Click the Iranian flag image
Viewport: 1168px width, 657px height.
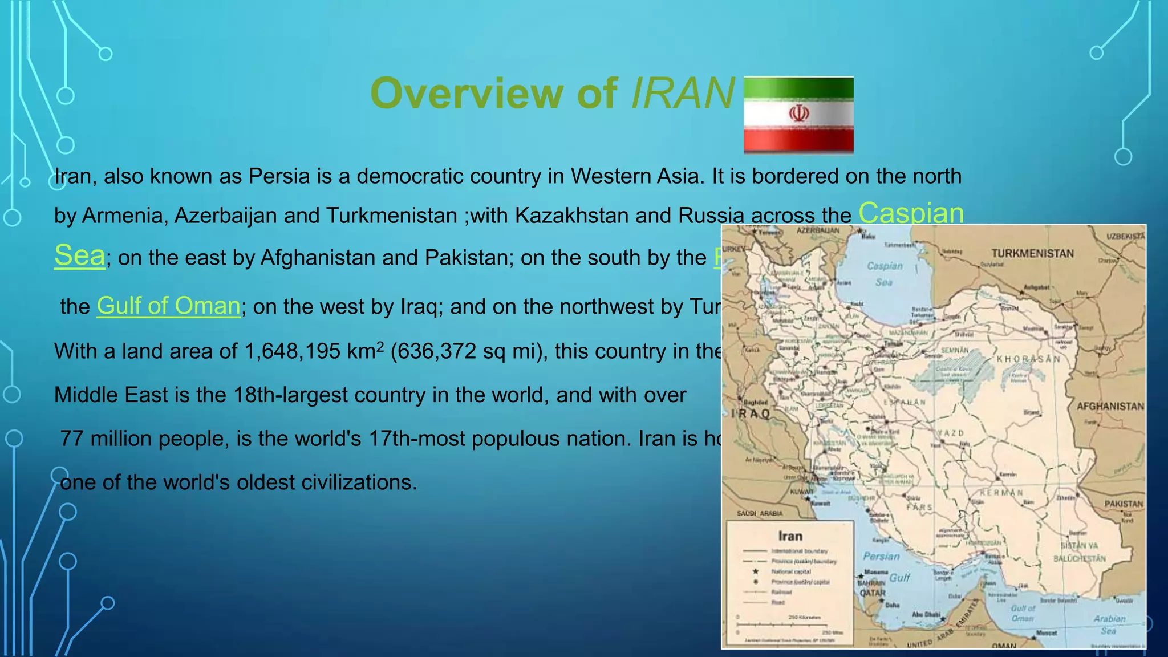[798, 115]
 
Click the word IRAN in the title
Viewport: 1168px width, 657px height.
[683, 93]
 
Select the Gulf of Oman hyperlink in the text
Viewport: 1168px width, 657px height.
[168, 306]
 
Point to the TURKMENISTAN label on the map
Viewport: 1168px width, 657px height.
[1032, 253]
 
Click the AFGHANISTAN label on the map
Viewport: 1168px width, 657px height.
[1110, 406]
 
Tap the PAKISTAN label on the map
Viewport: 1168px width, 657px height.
[1124, 504]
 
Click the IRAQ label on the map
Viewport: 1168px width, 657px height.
[751, 413]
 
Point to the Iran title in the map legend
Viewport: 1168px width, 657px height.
[790, 536]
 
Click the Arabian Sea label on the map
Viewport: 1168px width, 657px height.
[1109, 624]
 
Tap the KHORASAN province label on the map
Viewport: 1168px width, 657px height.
[1028, 359]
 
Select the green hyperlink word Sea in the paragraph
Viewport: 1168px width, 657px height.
[79, 256]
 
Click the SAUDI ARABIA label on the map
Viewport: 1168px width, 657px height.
[760, 513]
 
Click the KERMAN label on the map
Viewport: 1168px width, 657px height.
[1001, 492]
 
